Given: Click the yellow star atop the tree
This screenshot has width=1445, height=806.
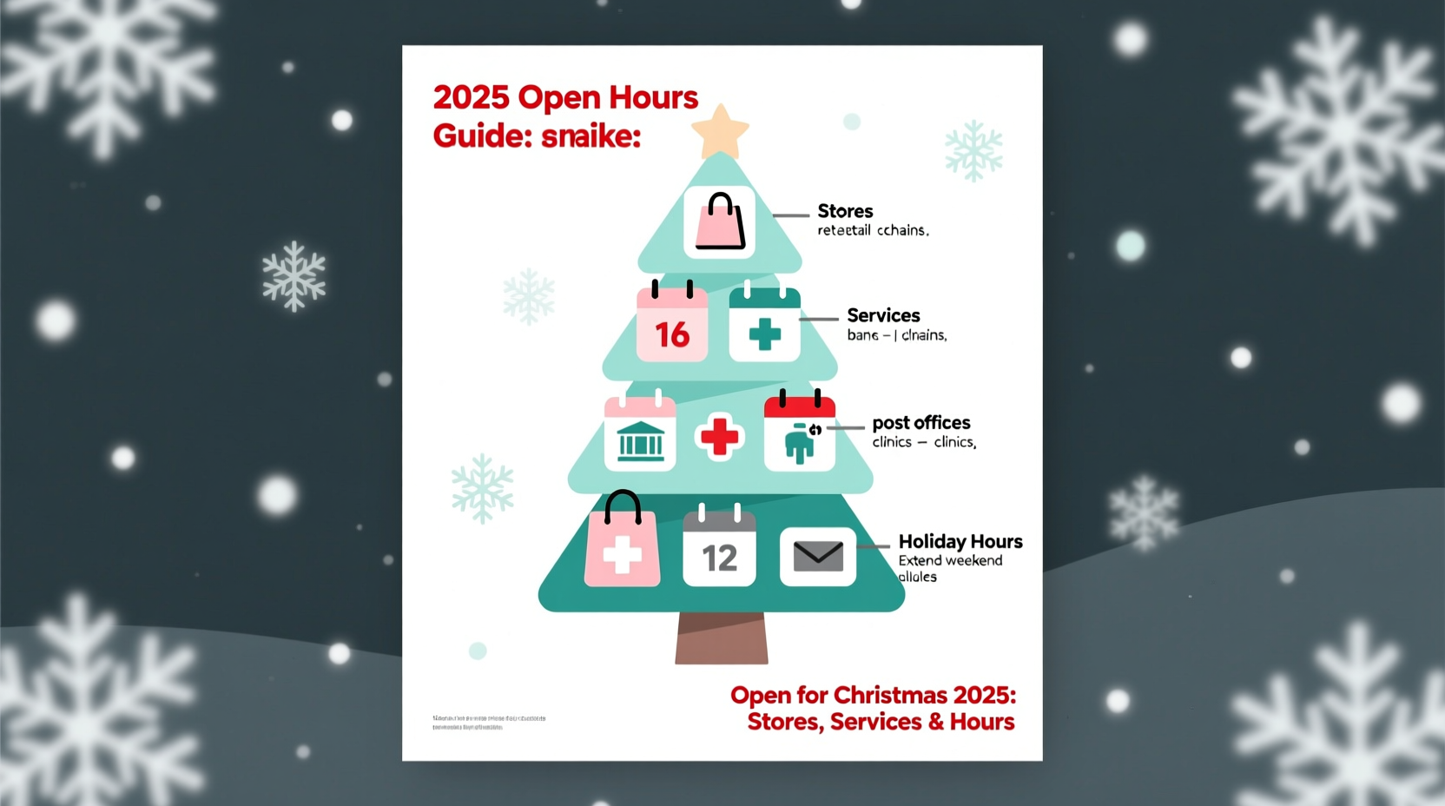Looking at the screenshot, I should point(720,131).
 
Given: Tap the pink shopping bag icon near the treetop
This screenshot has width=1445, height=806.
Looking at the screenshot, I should point(719,222).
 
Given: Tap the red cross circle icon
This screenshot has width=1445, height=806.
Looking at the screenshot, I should point(719,435).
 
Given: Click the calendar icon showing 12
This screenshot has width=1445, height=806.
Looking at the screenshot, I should point(719,550).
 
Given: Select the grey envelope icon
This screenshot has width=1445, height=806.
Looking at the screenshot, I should point(818,556).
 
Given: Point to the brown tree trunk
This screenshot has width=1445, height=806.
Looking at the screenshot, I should point(722,638).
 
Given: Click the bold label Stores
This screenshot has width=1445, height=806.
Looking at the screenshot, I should point(845,211).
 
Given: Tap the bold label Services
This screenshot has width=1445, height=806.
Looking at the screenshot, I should point(883,315).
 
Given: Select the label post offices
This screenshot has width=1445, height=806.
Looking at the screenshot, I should point(920,423).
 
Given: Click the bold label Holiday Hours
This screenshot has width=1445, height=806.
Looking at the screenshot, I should point(960,542).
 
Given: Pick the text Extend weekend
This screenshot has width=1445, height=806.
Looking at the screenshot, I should point(950,561).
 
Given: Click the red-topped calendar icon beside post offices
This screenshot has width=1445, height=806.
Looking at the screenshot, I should point(799,433).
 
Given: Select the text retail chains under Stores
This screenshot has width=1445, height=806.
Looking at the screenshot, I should point(873,230).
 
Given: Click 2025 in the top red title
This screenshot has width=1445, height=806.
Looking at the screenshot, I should point(471,97).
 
